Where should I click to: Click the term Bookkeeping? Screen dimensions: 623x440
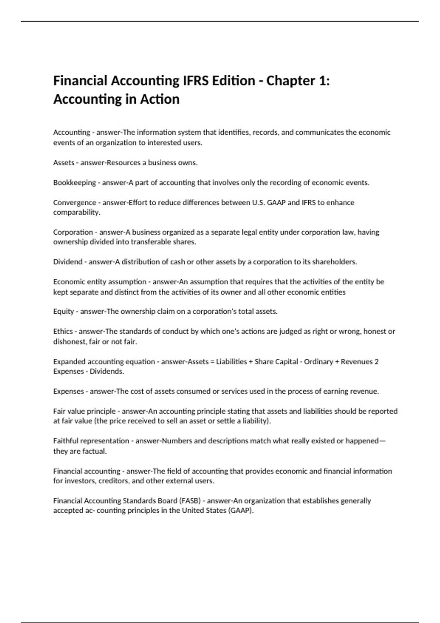[x=74, y=183]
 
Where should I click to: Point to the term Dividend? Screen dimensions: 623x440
[x=68, y=262]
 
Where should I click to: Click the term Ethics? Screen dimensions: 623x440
[x=63, y=331]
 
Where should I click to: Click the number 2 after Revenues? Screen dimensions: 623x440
[x=376, y=362]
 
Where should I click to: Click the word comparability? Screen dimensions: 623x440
[x=77, y=213]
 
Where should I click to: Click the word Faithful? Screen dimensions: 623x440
[x=66, y=441]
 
